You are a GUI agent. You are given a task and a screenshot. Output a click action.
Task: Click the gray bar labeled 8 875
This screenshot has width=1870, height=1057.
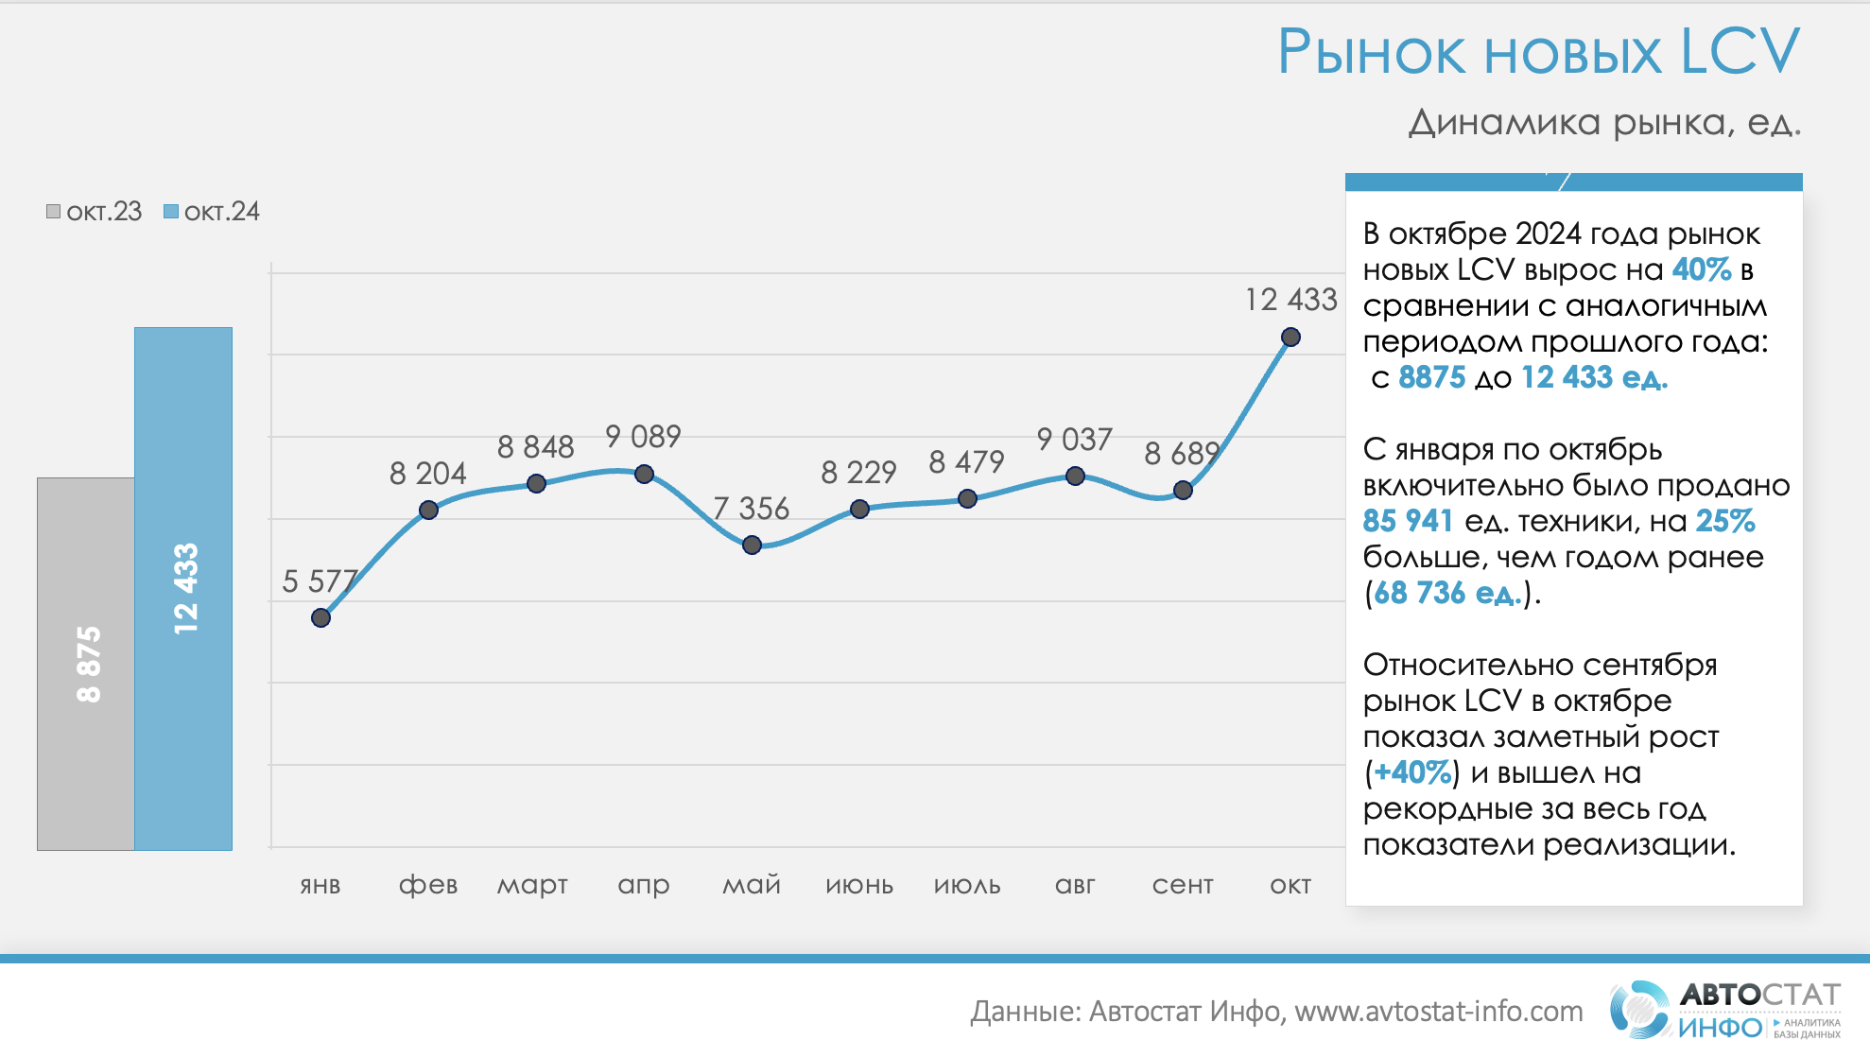[x=86, y=663]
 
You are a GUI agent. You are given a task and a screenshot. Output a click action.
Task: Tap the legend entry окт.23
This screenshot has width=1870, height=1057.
[x=95, y=212]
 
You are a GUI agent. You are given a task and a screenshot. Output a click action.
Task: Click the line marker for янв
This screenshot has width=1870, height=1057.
[x=320, y=617]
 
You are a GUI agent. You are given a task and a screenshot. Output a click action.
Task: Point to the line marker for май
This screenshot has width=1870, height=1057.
[x=752, y=545]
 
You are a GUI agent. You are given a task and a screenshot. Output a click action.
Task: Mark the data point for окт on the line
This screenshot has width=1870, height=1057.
[x=1290, y=337]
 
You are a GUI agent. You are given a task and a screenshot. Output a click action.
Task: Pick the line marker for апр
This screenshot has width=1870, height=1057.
[x=644, y=474]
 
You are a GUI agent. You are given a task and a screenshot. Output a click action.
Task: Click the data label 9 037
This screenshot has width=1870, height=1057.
[x=1074, y=440]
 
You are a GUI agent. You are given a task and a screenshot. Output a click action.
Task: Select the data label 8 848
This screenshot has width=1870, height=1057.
[x=536, y=447]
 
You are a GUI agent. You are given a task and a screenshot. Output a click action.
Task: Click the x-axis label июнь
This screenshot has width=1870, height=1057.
[x=859, y=885]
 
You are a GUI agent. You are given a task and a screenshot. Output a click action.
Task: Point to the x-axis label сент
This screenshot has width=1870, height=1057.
[x=1182, y=885]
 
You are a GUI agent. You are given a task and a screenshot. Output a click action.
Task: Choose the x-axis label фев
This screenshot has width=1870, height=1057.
[x=428, y=885]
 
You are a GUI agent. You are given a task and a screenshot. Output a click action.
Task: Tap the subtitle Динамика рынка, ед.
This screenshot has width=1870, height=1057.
[x=1604, y=123]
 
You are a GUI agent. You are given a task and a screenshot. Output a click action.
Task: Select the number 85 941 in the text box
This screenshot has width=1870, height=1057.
[x=1408, y=521]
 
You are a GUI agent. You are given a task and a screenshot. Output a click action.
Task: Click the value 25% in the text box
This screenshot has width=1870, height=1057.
[x=1725, y=521]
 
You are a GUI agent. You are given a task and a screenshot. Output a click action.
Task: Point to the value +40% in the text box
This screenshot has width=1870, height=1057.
[x=1412, y=772]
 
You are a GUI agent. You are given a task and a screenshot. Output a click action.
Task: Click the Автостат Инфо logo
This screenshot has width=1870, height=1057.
[x=1724, y=1011]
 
